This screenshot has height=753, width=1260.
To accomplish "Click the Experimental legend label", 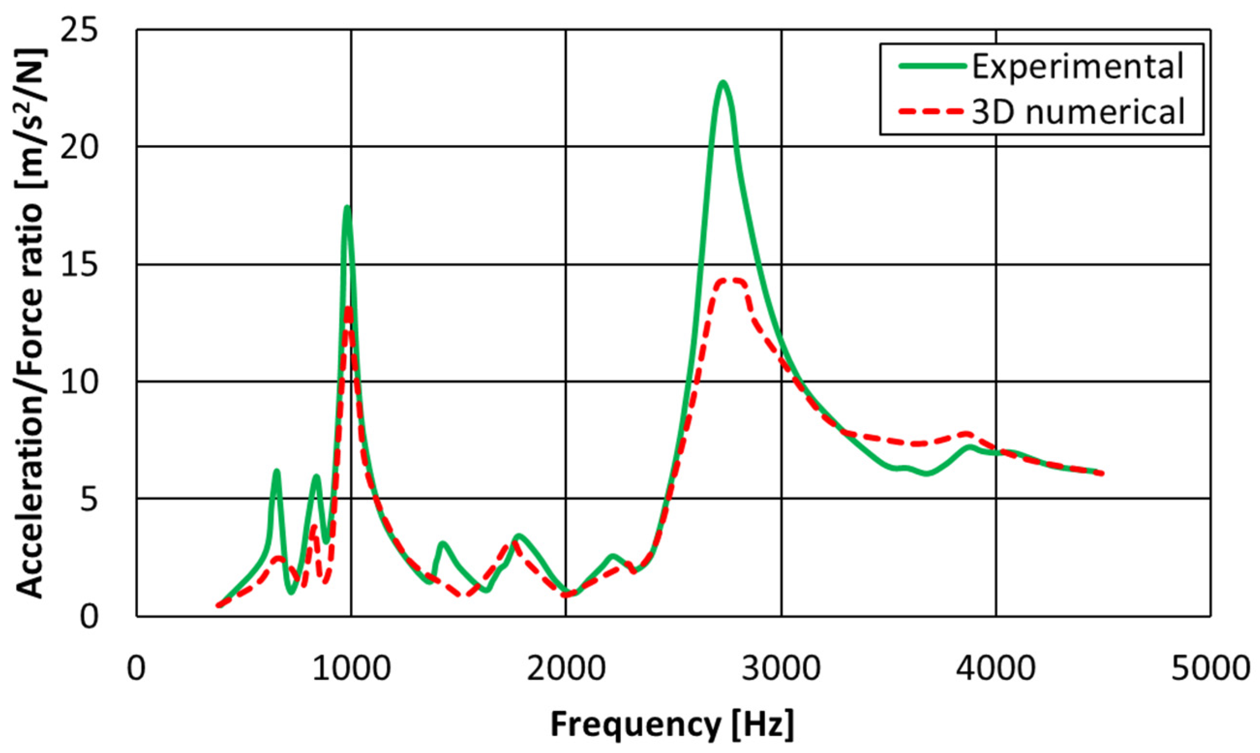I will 1077,66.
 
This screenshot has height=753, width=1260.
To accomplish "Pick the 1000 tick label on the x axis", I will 351,669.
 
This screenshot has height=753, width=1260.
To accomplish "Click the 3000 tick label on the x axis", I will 781,669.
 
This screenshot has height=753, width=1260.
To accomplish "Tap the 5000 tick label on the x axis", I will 1210,669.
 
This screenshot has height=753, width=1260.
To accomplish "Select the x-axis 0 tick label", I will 136,669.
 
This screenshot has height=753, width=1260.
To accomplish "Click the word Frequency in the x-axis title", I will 635,724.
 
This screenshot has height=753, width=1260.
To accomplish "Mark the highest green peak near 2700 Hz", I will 722,82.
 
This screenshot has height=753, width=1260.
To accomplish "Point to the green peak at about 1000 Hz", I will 347,207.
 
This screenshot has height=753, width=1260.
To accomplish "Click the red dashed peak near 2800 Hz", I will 731,280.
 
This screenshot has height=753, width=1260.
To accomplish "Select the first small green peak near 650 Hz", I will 277,472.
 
